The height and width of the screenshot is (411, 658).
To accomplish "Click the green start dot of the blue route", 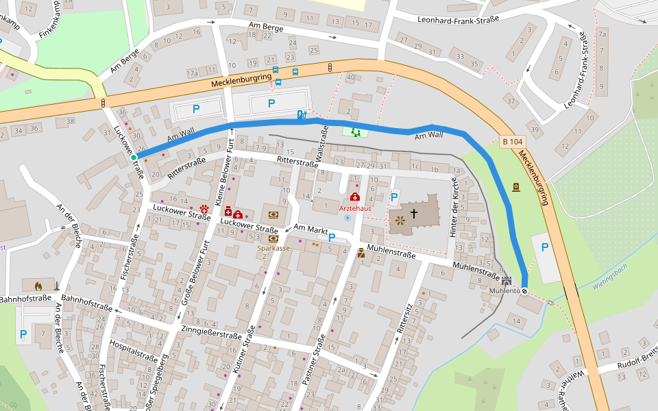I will tap(134, 158).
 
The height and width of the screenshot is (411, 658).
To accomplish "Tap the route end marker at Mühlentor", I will tap(524, 290).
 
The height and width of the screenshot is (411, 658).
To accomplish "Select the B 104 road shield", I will tap(511, 142).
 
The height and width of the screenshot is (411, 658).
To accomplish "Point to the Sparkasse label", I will tap(273, 248).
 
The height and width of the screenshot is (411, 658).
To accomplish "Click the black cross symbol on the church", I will tap(414, 214).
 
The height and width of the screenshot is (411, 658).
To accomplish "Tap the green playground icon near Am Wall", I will tap(355, 131).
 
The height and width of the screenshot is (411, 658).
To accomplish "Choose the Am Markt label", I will tap(310, 229).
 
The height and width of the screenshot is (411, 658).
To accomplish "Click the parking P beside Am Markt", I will tap(331, 238).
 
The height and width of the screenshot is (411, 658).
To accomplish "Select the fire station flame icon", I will tap(38, 284).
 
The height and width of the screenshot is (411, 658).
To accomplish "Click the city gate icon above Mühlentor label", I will tap(507, 281).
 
